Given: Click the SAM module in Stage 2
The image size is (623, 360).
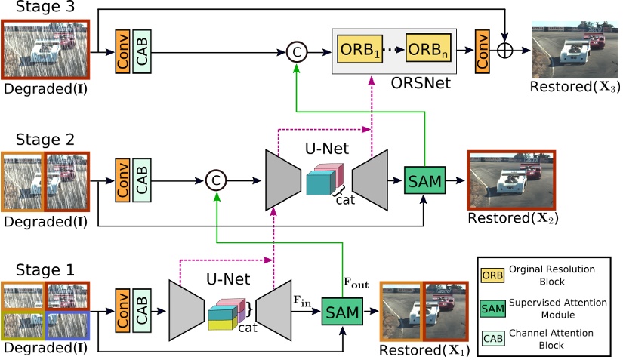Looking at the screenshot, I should (424, 179).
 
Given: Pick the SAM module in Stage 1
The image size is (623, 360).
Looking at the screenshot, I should (341, 309).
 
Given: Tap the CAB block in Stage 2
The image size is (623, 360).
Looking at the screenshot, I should (142, 180).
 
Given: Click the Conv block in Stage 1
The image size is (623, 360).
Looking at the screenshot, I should (122, 310).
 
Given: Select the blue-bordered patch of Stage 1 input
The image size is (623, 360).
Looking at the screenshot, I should (68, 325).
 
